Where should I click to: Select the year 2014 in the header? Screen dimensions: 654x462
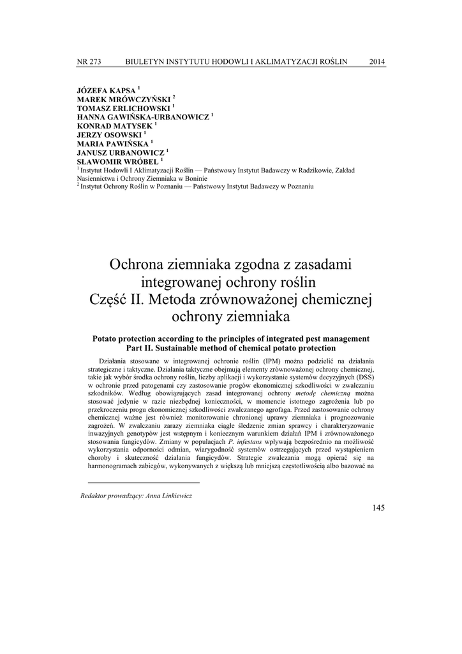(x=377, y=61)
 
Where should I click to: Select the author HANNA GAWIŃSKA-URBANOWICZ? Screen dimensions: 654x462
(x=143, y=118)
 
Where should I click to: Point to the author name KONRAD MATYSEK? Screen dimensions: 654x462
(x=114, y=126)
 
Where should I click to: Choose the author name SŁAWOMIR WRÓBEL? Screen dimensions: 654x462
(x=114, y=162)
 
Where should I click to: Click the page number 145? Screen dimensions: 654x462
(x=378, y=508)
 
